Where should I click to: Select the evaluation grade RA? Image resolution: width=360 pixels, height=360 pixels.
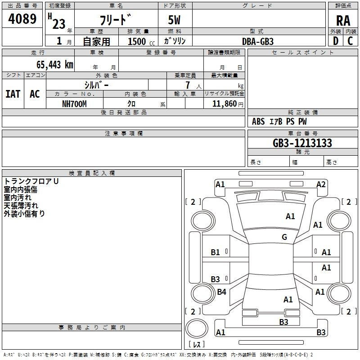[x=343, y=21]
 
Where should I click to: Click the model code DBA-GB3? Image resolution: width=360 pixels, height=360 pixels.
[x=258, y=41]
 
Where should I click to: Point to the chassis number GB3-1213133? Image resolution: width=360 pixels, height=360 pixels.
[x=302, y=143]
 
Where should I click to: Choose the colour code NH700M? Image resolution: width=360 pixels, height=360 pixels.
[x=74, y=104]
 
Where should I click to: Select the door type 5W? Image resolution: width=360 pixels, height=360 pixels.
[x=175, y=21]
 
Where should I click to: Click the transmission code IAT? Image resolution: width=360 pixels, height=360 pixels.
[x=13, y=94]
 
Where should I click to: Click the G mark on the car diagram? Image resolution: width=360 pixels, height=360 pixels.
[x=284, y=237]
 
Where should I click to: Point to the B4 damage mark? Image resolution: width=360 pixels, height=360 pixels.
[x=221, y=292]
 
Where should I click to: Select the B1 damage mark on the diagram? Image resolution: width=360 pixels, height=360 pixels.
[x=216, y=252]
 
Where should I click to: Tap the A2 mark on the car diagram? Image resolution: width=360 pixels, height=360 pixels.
[x=321, y=184]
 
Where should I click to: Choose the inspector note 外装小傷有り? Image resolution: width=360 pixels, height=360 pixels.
[x=25, y=214]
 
